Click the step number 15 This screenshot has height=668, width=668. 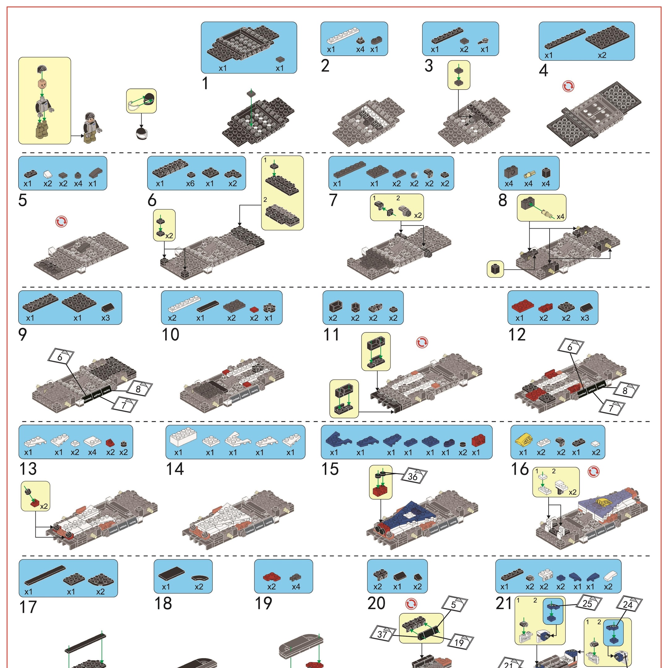point(330,469)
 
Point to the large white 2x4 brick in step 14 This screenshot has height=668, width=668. point(183,438)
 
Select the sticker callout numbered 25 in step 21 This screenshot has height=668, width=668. point(588,604)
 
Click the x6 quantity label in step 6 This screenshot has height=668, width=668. point(190,184)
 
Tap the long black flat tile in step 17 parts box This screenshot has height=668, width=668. point(45,575)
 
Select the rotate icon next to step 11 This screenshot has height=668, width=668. point(422,343)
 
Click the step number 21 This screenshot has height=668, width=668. point(504,603)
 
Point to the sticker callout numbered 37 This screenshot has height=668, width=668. point(382,635)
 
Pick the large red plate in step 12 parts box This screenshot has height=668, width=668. point(522,306)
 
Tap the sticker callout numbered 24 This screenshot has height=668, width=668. point(627,605)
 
